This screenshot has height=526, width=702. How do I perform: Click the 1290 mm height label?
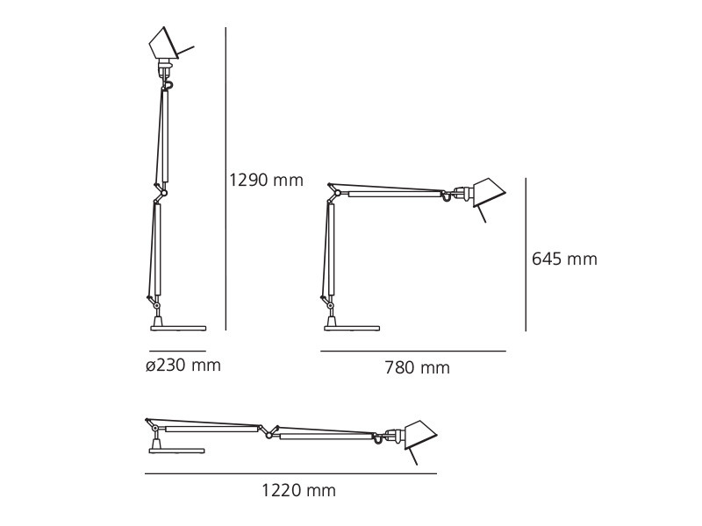[266, 181]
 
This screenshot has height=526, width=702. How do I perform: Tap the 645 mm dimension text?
[564, 259]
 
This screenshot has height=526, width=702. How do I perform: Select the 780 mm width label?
[417, 368]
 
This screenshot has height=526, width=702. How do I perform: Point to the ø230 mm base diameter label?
[183, 366]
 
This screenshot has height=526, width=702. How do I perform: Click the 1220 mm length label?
[298, 491]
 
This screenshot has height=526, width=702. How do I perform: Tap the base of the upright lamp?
[178, 328]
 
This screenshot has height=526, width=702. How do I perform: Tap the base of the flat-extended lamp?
[176, 451]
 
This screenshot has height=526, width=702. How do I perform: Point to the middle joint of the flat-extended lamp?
[267, 430]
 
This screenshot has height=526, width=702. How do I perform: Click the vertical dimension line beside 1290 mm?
[226, 175]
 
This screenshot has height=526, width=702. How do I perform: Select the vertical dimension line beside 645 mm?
[526, 254]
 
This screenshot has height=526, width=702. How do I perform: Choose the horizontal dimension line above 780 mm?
[412, 352]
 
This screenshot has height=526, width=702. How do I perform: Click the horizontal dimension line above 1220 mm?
[290, 474]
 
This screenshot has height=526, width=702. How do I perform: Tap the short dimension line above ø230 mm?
[177, 351]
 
